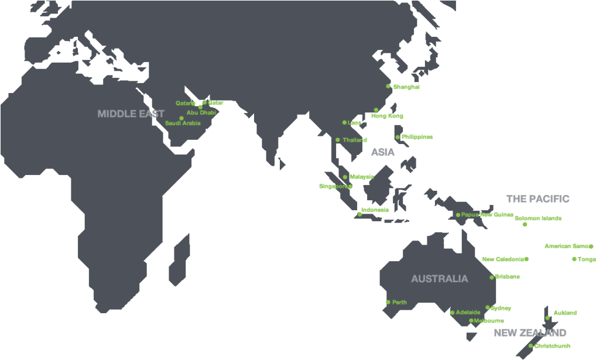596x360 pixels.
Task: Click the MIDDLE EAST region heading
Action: [x=131, y=114]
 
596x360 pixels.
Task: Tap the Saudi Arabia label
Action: [x=183, y=124]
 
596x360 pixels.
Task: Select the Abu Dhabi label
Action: [x=201, y=112]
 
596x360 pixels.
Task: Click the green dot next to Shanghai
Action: [x=388, y=86]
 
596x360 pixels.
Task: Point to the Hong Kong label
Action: [x=387, y=116]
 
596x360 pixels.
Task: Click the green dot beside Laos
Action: [x=345, y=122]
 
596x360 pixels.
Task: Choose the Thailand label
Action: [x=355, y=140]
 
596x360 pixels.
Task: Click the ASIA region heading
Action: [x=383, y=152]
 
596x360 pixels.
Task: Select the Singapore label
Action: [x=333, y=187]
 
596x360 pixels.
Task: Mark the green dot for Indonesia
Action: [x=359, y=214]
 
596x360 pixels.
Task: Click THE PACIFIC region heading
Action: [x=538, y=199]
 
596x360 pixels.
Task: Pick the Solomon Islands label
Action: [x=538, y=218]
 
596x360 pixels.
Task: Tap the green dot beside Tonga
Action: [x=574, y=259]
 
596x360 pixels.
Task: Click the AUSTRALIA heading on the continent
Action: [x=439, y=279]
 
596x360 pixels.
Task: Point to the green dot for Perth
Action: [x=388, y=302]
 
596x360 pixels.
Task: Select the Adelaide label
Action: [x=468, y=312]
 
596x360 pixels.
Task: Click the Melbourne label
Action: [x=489, y=321]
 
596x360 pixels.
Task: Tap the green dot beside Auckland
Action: [x=547, y=318]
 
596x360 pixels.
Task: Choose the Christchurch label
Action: [x=552, y=346]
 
